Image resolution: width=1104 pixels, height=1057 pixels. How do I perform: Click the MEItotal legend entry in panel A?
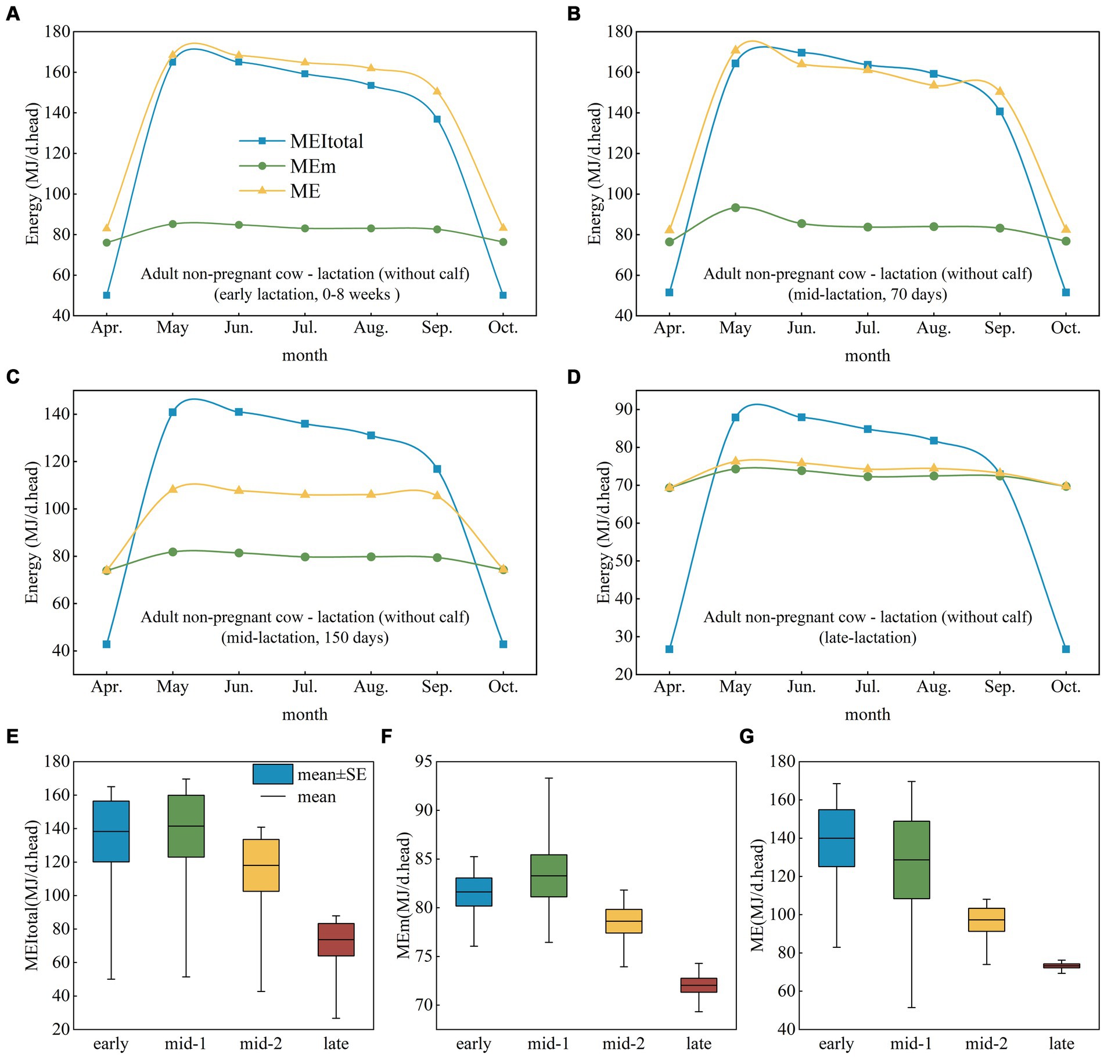[x=326, y=141]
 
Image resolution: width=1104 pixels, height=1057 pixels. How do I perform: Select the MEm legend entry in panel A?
[x=312, y=167]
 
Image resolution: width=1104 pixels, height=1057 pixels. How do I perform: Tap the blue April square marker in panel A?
[x=106, y=295]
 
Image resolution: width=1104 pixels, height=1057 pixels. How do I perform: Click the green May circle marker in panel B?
[x=735, y=207]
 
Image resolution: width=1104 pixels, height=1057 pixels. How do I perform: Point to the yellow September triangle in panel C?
[x=437, y=495]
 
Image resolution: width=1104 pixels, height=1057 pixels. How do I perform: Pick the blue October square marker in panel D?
[x=1066, y=649]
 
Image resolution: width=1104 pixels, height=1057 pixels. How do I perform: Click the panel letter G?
[x=746, y=737]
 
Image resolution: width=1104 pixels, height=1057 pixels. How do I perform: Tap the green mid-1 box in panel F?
[x=548, y=875]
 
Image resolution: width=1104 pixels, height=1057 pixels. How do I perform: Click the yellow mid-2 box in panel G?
[x=986, y=919]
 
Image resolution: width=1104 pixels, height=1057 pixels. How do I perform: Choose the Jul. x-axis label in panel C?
[x=304, y=687]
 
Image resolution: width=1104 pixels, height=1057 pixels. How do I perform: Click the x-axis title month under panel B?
[x=867, y=355]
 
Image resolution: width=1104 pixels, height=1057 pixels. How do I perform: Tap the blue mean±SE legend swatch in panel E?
[x=272, y=774]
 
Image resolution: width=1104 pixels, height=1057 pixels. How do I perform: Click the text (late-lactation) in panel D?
[x=868, y=637]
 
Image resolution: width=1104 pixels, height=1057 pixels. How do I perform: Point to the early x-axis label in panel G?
[x=836, y=1044]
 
